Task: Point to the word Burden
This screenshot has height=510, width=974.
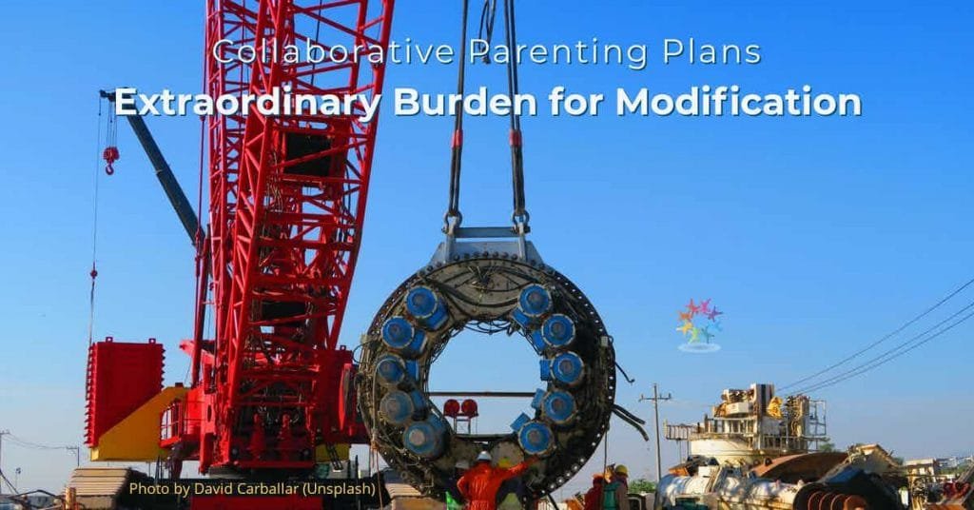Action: [465, 102]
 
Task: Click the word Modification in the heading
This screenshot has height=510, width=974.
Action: [738, 102]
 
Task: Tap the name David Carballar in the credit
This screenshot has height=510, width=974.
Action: [246, 489]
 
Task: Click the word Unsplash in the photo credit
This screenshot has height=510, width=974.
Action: [340, 489]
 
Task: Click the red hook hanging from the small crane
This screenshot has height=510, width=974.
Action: [111, 160]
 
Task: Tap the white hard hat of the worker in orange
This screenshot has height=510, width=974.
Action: [484, 457]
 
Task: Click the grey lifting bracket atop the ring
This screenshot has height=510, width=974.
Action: [487, 245]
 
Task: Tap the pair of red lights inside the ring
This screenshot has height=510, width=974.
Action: [460, 408]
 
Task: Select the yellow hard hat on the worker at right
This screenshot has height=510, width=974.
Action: [620, 470]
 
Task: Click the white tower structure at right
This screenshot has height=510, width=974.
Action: [747, 422]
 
